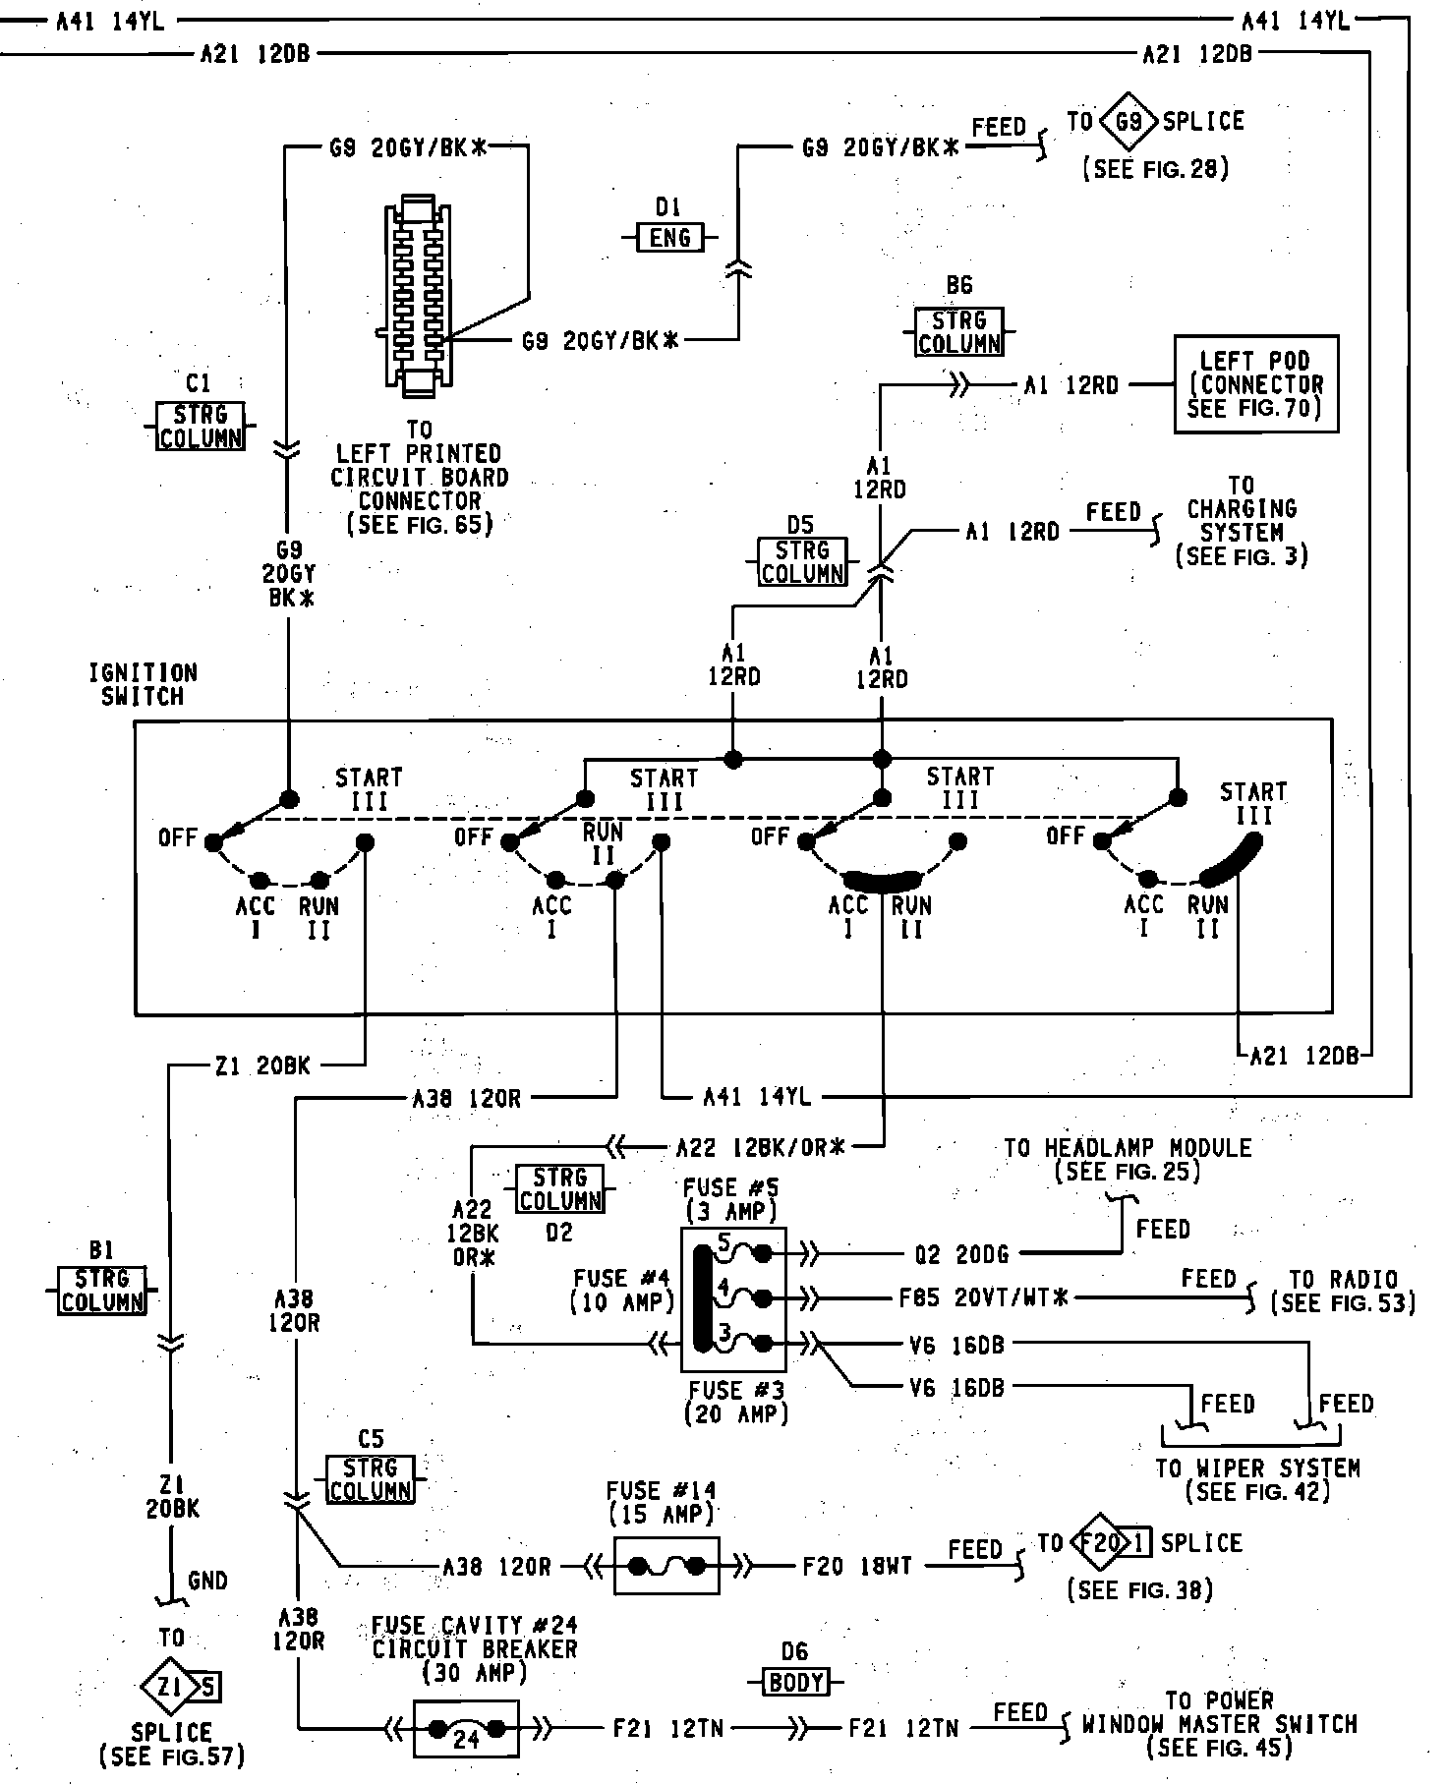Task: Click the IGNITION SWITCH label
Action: [x=144, y=685]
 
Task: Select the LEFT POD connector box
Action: [x=1255, y=384]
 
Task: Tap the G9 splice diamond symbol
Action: [x=1129, y=123]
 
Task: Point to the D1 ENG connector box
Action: [x=670, y=237]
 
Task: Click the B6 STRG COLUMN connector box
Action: [x=959, y=331]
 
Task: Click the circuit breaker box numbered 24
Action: [x=467, y=1728]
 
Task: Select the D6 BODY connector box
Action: [x=795, y=1682]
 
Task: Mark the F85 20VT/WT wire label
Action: [x=983, y=1298]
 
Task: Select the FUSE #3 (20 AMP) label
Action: [x=736, y=1403]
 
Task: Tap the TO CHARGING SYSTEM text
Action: [x=1242, y=521]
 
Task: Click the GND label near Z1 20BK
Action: [x=207, y=1581]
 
